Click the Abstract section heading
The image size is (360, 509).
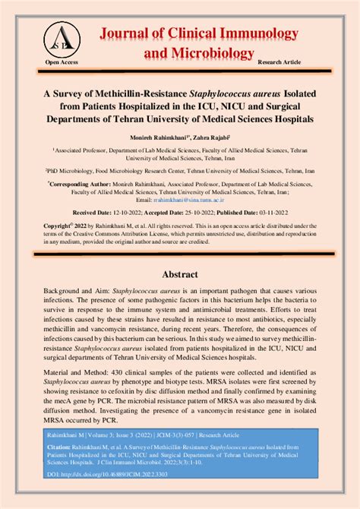point(179,273)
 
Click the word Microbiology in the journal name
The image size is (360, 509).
point(210,52)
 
